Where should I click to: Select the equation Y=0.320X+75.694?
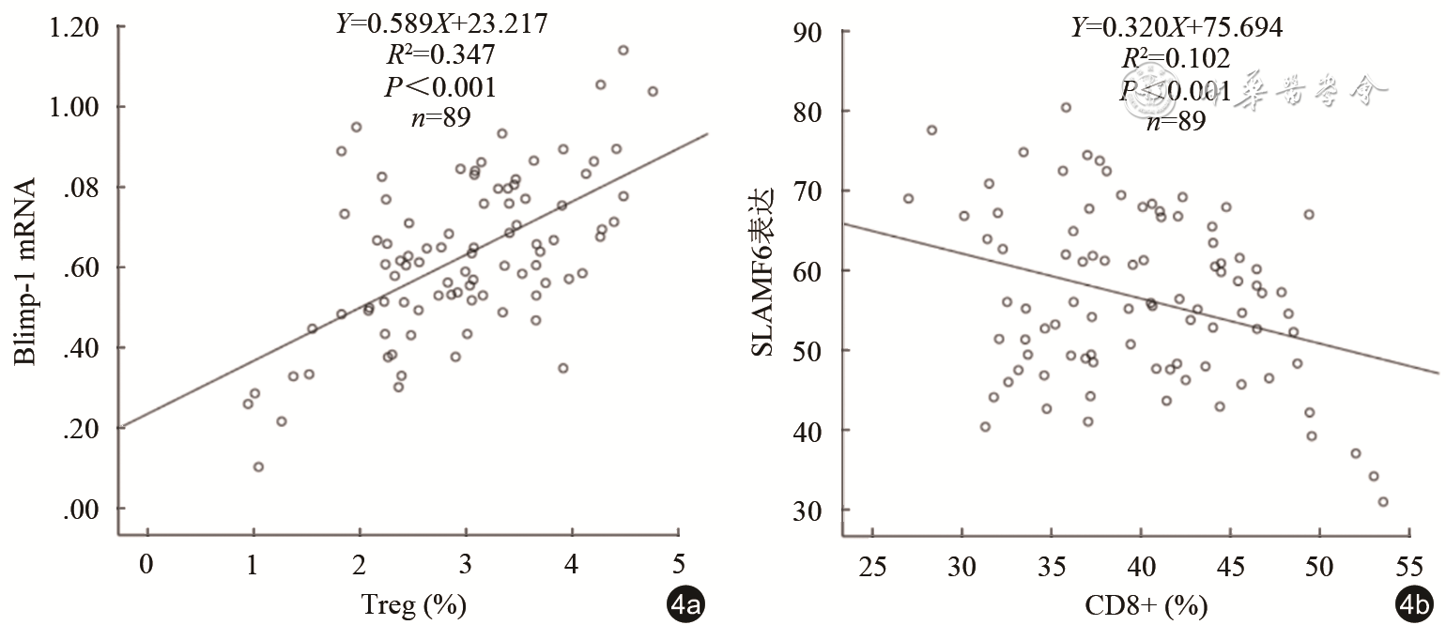click(1177, 28)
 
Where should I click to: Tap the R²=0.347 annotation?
click(441, 55)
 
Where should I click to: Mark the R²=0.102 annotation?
click(1177, 59)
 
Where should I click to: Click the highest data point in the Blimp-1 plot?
click(623, 50)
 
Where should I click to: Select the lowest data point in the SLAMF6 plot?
click(1382, 502)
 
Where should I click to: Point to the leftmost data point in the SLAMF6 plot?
click(908, 198)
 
